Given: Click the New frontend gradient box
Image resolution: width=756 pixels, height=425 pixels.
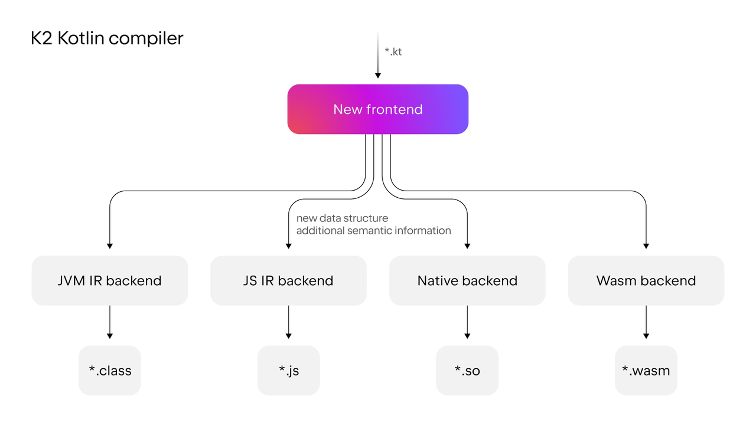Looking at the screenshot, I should [378, 109].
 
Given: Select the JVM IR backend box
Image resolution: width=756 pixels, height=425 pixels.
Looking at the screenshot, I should [109, 280].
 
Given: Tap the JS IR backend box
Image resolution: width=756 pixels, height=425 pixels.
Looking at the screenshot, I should [288, 280].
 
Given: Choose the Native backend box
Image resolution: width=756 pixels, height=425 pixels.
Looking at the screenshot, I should [467, 280].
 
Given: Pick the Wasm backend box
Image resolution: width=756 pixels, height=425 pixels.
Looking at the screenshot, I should [646, 280].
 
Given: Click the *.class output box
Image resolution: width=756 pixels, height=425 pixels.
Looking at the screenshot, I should [110, 371].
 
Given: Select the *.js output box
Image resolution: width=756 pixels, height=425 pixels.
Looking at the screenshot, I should [288, 371].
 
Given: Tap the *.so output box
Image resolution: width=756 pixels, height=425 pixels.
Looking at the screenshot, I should [467, 371].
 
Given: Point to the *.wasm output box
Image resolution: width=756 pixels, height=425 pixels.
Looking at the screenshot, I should [646, 371].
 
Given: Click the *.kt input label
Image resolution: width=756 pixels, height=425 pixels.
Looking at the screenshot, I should [393, 51].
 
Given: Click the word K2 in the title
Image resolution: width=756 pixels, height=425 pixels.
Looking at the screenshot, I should [41, 38].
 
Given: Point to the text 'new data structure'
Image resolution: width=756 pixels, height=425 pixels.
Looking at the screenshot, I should [342, 218].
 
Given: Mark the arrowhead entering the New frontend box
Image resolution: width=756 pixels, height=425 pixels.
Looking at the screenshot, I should [378, 75].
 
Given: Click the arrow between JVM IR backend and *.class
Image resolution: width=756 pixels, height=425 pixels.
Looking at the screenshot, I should [109, 322].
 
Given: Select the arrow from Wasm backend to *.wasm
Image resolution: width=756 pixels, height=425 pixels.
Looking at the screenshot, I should [646, 322].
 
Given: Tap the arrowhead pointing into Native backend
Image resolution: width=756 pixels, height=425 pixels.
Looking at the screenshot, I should [467, 245].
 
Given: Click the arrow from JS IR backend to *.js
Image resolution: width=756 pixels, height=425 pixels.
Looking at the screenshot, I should [288, 322].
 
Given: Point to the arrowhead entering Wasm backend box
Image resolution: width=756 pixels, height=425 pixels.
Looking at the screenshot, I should [646, 245].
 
